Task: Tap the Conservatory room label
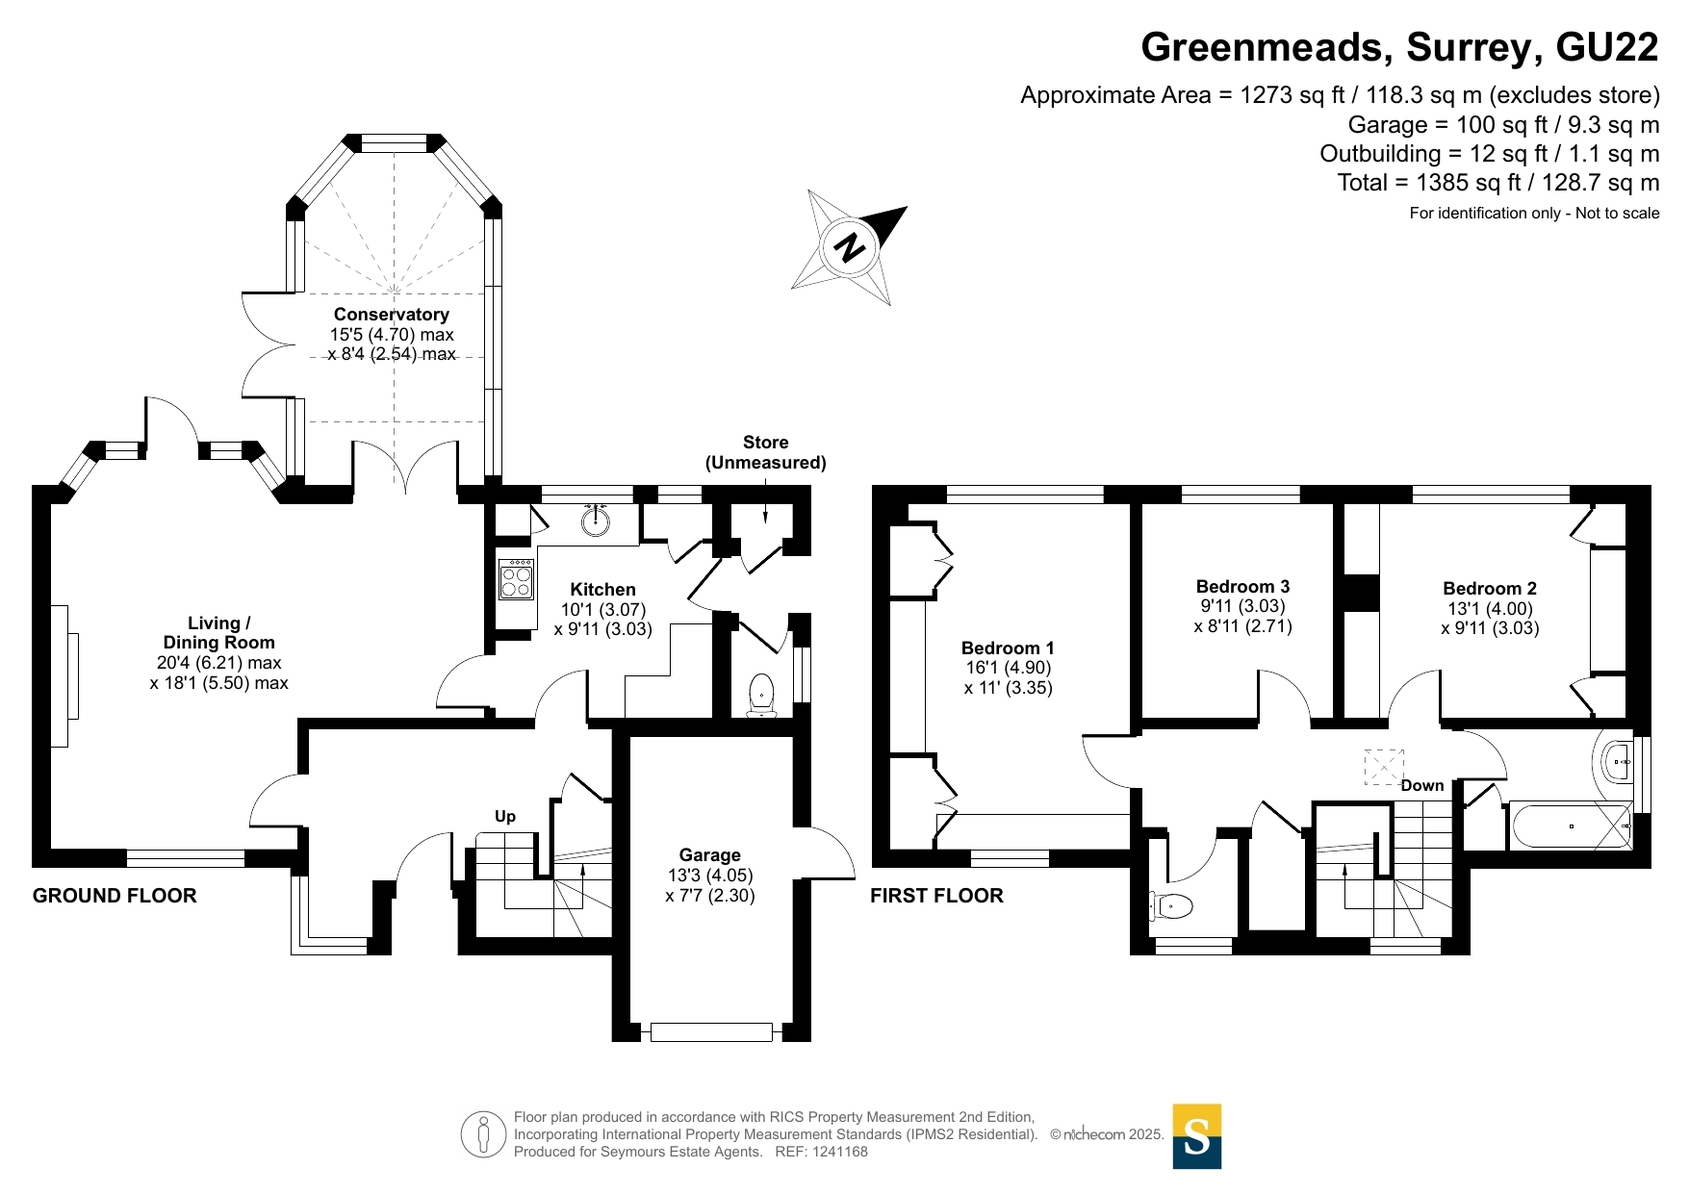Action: [392, 315]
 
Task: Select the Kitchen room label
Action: [603, 590]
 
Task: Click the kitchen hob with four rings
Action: [517, 581]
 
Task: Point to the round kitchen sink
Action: [597, 521]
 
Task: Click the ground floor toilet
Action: [761, 696]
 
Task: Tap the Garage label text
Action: [710, 855]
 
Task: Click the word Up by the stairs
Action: [505, 817]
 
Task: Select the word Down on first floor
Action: [1422, 786]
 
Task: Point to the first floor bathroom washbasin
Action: [1618, 762]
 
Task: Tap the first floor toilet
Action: [1171, 905]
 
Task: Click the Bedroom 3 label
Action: [1242, 587]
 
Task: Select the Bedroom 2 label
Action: [1490, 589]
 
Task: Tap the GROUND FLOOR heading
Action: [115, 896]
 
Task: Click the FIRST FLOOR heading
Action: [936, 896]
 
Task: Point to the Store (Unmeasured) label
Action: [766, 452]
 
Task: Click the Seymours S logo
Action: [1197, 1136]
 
